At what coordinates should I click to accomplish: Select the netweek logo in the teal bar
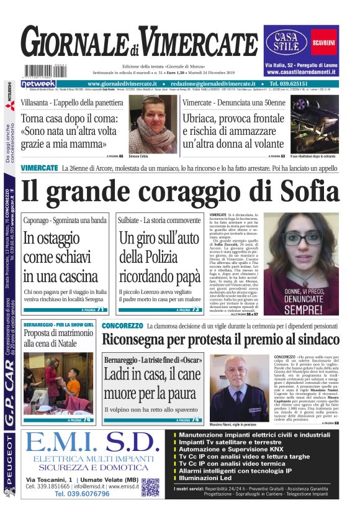[38, 84]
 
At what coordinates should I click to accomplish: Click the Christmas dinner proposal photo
[58, 383]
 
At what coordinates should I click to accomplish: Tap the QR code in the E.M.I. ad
[150, 487]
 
